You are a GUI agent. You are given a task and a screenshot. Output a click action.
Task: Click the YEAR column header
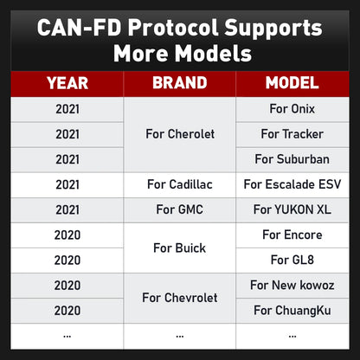pos(67,83)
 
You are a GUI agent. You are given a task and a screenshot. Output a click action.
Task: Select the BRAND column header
pos(179,83)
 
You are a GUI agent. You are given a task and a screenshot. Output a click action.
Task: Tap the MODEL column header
pos(292,83)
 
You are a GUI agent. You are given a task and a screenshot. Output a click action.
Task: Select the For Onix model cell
pos(292,110)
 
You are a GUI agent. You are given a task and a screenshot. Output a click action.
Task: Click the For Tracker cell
pos(292,134)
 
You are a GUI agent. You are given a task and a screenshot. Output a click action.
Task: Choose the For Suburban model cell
pos(292,159)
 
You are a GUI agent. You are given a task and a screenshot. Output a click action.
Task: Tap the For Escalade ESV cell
pos(292,184)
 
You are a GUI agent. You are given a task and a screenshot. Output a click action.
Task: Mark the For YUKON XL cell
pos(292,209)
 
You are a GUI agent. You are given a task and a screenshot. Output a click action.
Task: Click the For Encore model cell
pos(292,235)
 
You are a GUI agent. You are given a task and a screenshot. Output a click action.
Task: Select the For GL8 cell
pos(292,260)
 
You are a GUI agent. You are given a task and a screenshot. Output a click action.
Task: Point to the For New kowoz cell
pos(292,285)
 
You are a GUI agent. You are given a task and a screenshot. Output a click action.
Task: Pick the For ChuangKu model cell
pos(292,310)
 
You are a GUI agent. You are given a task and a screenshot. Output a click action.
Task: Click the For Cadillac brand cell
pos(179,184)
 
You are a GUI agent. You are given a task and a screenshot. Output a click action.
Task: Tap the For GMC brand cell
pos(179,209)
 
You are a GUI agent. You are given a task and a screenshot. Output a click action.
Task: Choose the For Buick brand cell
pos(179,247)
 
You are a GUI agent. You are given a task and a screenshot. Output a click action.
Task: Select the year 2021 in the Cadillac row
pos(67,184)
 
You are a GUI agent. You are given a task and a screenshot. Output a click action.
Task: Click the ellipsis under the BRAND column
pos(179,335)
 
